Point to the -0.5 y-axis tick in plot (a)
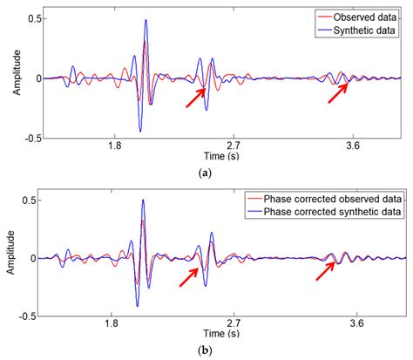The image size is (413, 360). pos(31,137)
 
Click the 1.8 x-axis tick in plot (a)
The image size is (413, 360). pos(113,147)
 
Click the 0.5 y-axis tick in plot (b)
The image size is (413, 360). pos(33,200)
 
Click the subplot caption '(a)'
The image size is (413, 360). pos(206,173)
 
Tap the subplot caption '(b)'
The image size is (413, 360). pos(206,351)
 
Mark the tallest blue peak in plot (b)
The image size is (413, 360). pos(144,201)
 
